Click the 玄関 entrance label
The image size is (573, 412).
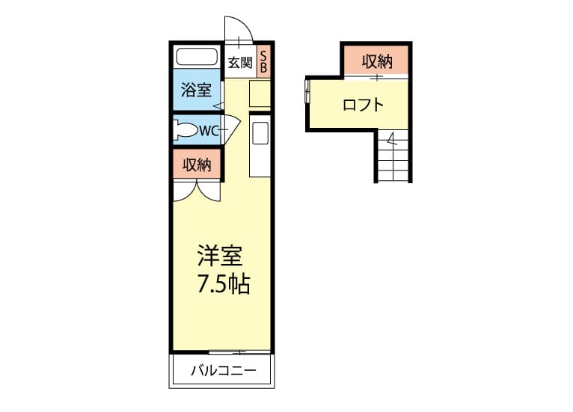[240, 63]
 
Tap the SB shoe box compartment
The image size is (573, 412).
[263, 61]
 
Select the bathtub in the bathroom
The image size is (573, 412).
[197, 57]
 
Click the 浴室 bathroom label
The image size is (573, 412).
[196, 90]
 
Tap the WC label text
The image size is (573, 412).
[209, 130]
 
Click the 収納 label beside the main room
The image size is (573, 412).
[197, 165]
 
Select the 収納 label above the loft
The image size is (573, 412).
[377, 61]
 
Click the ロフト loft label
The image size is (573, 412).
[364, 105]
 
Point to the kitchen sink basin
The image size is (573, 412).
[260, 133]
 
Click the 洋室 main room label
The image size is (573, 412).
[220, 256]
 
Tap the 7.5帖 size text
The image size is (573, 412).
[224, 284]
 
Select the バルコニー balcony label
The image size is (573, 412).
[224, 371]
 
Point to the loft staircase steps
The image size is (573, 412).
[393, 156]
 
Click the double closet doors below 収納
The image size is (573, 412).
[197, 191]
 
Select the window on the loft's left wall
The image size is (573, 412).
[307, 91]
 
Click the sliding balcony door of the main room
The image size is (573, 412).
[239, 353]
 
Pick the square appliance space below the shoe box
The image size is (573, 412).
[260, 94]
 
